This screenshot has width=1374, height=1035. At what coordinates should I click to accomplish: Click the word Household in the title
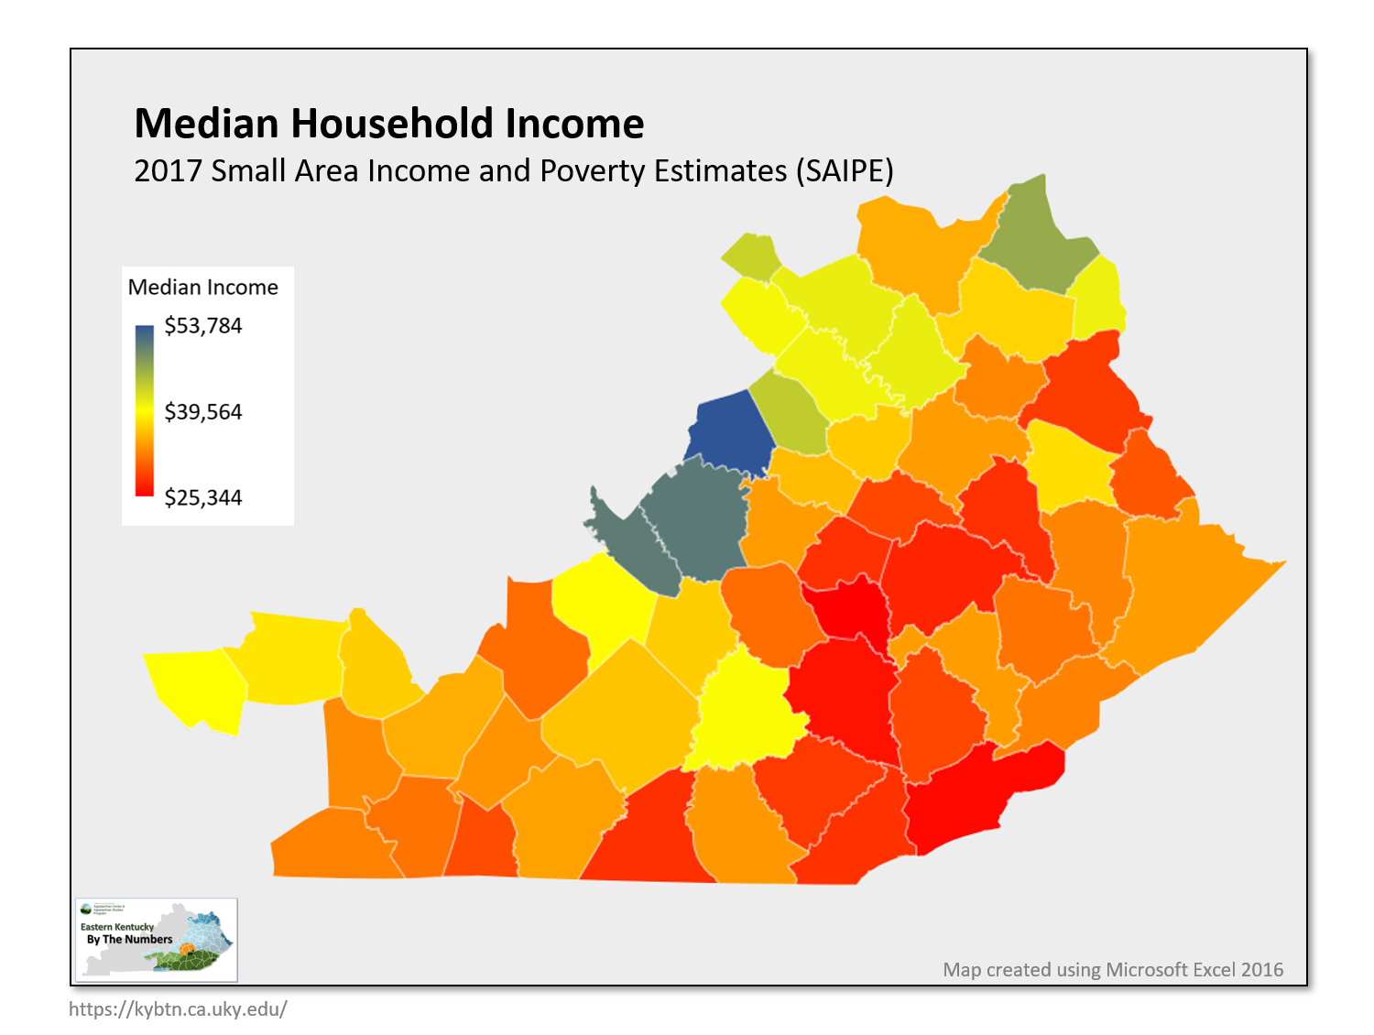point(393,124)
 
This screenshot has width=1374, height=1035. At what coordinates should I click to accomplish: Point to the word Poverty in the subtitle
point(592,171)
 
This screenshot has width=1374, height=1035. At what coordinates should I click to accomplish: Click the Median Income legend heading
point(202,288)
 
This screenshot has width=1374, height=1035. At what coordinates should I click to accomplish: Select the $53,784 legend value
point(202,326)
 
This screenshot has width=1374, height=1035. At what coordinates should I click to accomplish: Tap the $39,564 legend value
point(202,412)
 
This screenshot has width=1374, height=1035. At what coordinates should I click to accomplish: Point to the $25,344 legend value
point(202,498)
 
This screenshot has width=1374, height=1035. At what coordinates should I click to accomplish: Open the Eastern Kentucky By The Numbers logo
point(157,939)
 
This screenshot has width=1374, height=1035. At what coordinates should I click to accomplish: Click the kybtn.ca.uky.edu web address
point(178,1009)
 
